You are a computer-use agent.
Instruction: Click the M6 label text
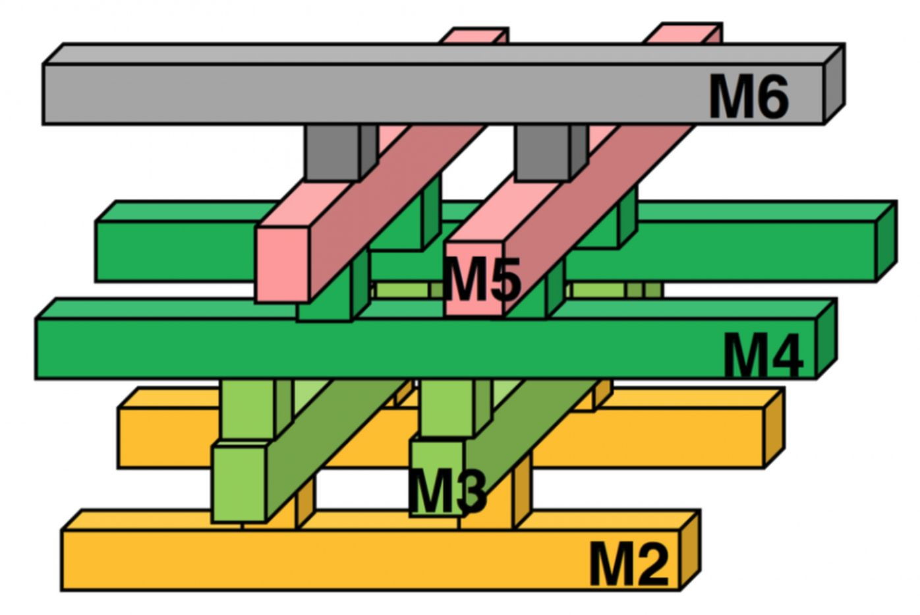(748, 97)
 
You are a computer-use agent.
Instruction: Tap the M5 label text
(482, 279)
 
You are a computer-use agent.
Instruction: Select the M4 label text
(763, 356)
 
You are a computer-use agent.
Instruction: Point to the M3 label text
(447, 491)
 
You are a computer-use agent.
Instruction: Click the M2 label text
(629, 564)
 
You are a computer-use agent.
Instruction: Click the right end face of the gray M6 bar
(834, 84)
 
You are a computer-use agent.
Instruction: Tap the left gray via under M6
(333, 152)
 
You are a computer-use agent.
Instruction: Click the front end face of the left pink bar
(283, 264)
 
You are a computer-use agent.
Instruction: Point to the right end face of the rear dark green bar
(886, 241)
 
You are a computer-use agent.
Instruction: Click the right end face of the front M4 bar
(826, 339)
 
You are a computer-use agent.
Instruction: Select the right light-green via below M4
(446, 407)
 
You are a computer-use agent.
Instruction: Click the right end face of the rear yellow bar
(774, 428)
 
